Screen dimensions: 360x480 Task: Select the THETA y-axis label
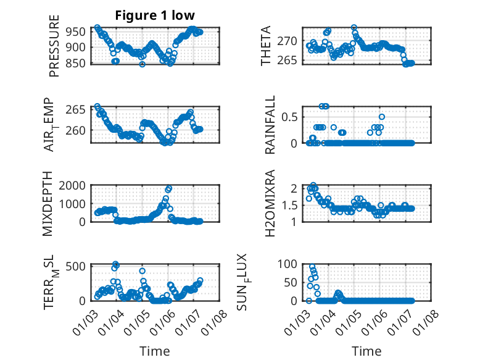point(266,46)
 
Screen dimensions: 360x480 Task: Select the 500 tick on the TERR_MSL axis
point(78,266)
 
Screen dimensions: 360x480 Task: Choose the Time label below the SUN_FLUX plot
point(367,351)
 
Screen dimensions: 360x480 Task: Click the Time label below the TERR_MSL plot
point(155,351)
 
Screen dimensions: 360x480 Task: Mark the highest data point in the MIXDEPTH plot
point(169,188)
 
